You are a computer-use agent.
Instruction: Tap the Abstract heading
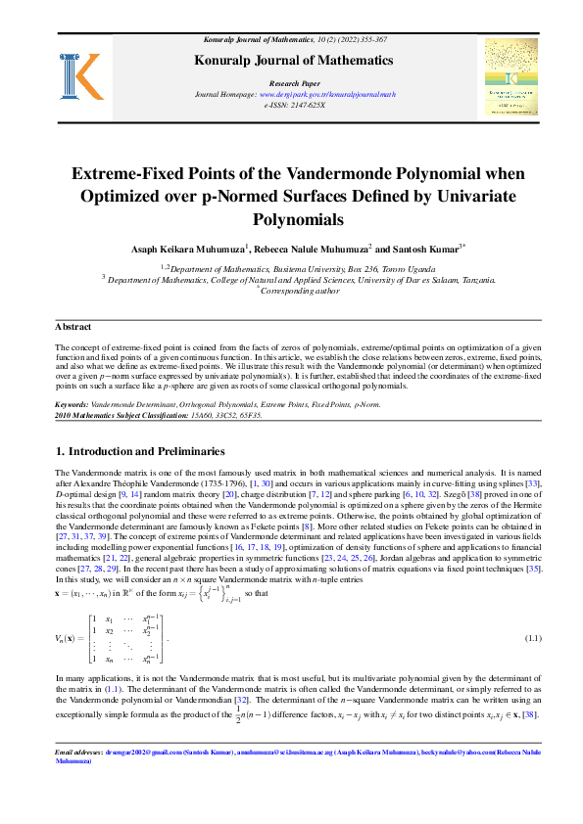tap(73, 326)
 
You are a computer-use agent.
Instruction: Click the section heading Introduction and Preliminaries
tap(147, 451)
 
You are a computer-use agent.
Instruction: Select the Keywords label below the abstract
tap(73, 404)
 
